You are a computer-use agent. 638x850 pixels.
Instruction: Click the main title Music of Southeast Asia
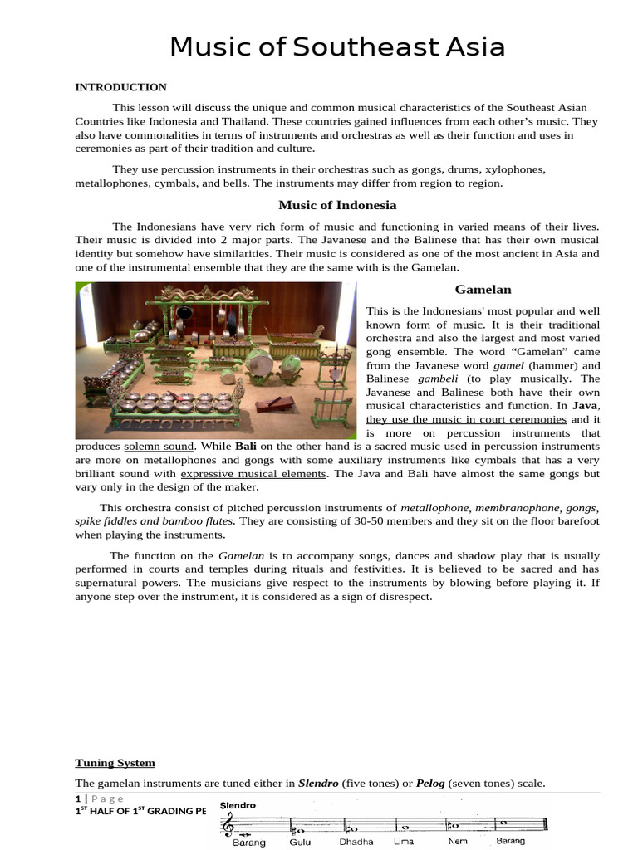pos(337,47)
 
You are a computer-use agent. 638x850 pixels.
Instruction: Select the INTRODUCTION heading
pos(120,87)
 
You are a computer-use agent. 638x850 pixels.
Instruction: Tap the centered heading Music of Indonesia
pos(337,205)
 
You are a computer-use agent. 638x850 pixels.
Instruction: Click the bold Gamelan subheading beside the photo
pos(483,289)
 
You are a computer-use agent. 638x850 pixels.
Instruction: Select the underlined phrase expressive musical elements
pos(253,474)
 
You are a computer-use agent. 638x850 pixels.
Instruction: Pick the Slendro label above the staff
pos(238,805)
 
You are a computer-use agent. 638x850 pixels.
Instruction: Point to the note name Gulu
pos(300,841)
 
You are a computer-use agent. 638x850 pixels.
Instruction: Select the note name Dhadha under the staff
pos(356,841)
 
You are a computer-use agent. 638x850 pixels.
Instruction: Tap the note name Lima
pos(404,841)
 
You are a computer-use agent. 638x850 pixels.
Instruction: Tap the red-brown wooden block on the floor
pos(273,405)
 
